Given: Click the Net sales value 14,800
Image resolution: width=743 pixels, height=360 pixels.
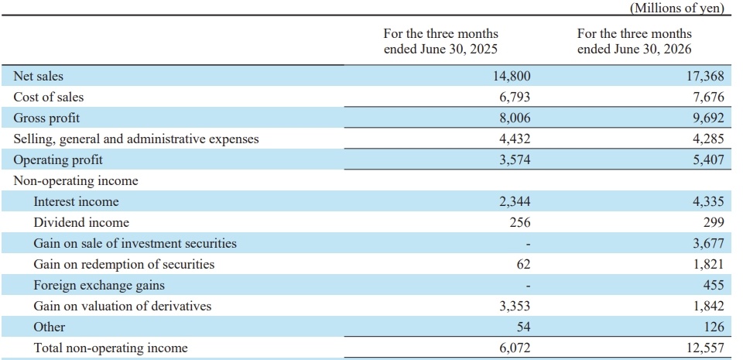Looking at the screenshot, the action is pos(512,77).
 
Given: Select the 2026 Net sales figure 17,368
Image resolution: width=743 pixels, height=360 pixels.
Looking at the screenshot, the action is pos(706,77).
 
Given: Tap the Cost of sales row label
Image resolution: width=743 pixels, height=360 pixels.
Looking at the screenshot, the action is pos(48,97).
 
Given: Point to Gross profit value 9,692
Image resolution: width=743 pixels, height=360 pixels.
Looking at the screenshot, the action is pos(708,118).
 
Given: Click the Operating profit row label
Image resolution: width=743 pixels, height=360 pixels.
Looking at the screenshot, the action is pos(58,160).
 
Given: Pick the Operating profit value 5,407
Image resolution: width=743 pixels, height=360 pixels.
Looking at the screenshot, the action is pos(708,160).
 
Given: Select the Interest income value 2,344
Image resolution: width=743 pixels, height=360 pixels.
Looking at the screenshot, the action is pos(514,202).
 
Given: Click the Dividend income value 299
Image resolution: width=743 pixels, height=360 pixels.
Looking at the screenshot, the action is pos(714,223).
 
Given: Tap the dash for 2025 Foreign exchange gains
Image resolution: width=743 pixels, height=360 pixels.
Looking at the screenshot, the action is pos(528,286).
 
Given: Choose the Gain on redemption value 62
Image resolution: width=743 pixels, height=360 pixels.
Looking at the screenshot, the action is pos(523,264).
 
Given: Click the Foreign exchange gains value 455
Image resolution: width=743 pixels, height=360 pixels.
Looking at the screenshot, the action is pos(714,285).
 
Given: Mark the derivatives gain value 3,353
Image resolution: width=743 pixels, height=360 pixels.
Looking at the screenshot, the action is pos(514,306).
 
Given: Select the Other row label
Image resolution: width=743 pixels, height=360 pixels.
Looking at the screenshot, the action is pos(50,327).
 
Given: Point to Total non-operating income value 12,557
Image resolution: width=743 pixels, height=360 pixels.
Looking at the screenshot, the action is pos(706,348).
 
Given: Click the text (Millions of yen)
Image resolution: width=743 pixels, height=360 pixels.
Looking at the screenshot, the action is pos(676,8).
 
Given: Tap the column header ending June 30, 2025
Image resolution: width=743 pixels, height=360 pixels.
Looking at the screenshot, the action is pos(440,42).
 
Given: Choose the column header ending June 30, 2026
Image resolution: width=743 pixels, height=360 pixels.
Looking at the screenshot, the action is pos(635,42).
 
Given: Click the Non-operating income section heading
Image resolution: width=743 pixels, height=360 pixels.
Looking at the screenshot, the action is pos(76,181).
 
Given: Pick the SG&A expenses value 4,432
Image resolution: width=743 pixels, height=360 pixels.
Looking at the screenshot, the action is pos(514,139).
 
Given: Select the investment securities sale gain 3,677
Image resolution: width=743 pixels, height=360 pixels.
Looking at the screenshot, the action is pos(708,243).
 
